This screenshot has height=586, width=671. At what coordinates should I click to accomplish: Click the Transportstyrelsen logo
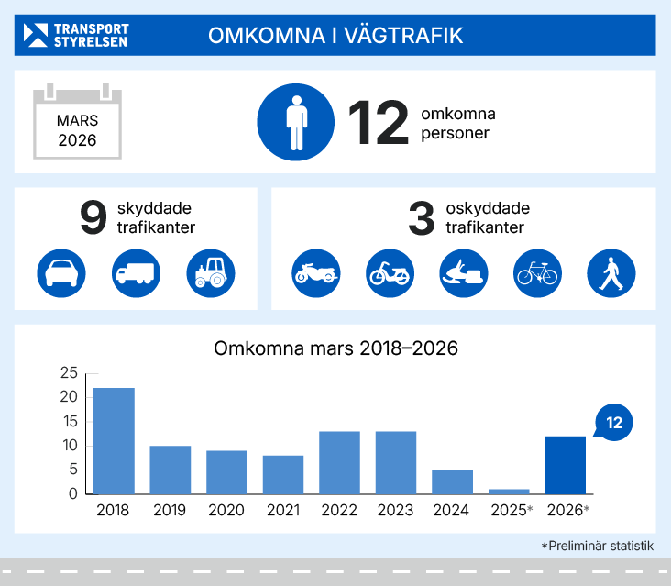[76, 35]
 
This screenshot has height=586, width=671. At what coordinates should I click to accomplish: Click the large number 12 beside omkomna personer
[378, 123]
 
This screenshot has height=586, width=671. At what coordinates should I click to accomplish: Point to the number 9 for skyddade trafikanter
[93, 218]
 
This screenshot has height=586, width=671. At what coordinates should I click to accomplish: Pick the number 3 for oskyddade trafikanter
[421, 218]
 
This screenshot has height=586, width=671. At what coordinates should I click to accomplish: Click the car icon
[61, 272]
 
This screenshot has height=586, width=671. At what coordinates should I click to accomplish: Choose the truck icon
[136, 272]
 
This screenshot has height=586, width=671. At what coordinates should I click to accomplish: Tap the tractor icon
[211, 272]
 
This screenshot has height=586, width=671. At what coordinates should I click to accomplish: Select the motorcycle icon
[315, 272]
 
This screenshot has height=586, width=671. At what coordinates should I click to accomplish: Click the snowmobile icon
[463, 272]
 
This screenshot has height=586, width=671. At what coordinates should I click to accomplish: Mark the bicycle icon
[537, 272]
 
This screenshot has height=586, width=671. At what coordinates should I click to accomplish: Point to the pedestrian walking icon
[610, 272]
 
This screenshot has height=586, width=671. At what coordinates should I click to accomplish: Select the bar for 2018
[114, 441]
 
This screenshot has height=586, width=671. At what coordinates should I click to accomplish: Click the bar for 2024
[452, 482]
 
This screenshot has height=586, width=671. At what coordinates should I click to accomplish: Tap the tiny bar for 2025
[509, 492]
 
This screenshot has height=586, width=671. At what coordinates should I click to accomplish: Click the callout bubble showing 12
[614, 423]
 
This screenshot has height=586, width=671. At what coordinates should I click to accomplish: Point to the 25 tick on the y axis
[69, 373]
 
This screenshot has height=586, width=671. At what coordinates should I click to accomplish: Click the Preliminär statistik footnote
[597, 546]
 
